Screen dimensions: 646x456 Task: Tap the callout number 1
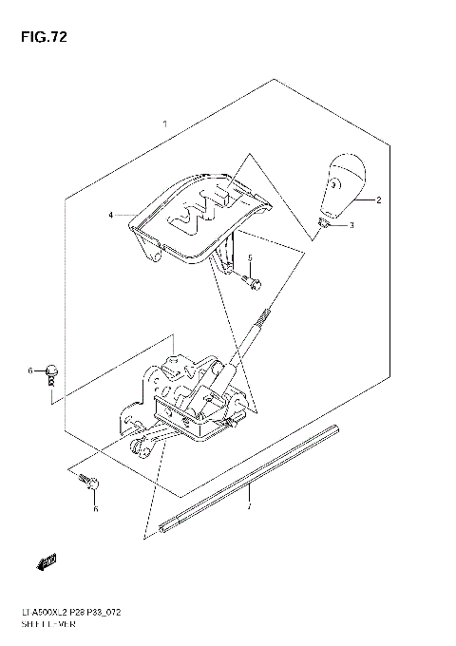click(165, 124)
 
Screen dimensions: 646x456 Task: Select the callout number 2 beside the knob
click(378, 200)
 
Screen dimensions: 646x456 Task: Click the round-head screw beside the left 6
click(55, 370)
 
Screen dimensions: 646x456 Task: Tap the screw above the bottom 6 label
click(92, 484)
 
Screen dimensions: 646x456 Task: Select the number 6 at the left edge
click(29, 370)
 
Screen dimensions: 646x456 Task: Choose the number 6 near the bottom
click(95, 509)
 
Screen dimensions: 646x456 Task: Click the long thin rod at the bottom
click(251, 474)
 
